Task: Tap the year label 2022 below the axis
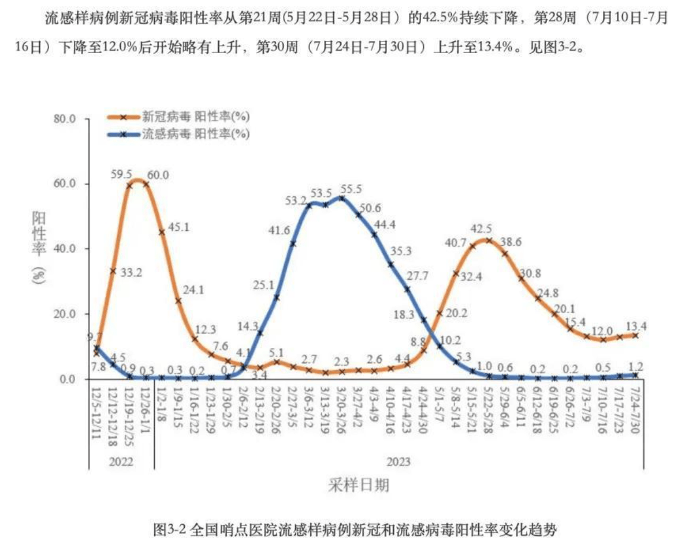click(121, 461)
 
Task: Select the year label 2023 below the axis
click(399, 461)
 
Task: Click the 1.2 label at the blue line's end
click(636, 366)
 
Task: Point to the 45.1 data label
click(178, 227)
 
